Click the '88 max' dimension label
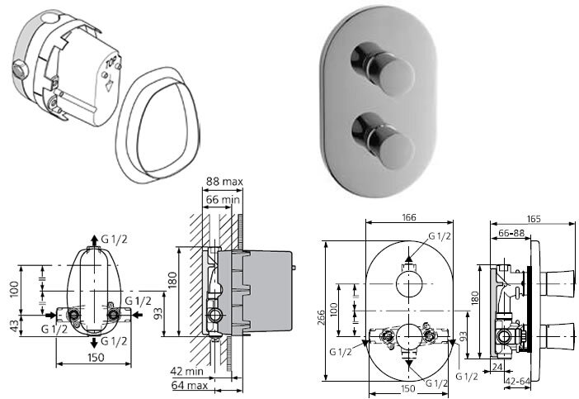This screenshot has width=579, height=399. [224, 182]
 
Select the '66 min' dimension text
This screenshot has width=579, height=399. [223, 200]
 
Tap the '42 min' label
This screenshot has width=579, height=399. [187, 371]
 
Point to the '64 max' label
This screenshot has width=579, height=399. [190, 385]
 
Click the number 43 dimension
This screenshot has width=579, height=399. [14, 326]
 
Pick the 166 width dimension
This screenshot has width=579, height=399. [409, 217]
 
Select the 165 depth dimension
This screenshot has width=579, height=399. [534, 219]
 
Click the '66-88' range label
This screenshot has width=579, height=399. [511, 233]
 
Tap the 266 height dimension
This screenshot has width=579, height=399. [321, 317]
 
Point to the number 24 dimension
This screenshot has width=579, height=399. [497, 367]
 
